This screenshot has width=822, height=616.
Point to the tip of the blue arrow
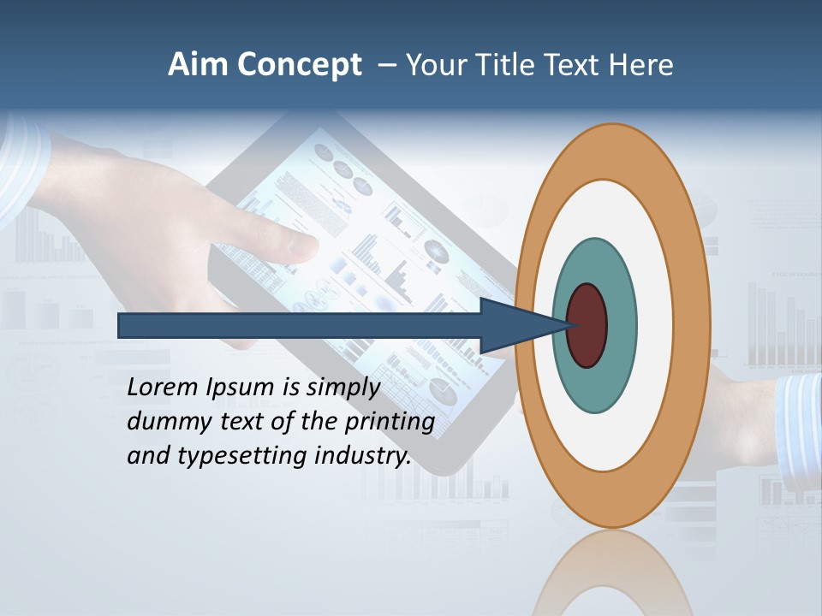tap(572, 325)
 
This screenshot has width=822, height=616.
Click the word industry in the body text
tap(362, 456)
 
